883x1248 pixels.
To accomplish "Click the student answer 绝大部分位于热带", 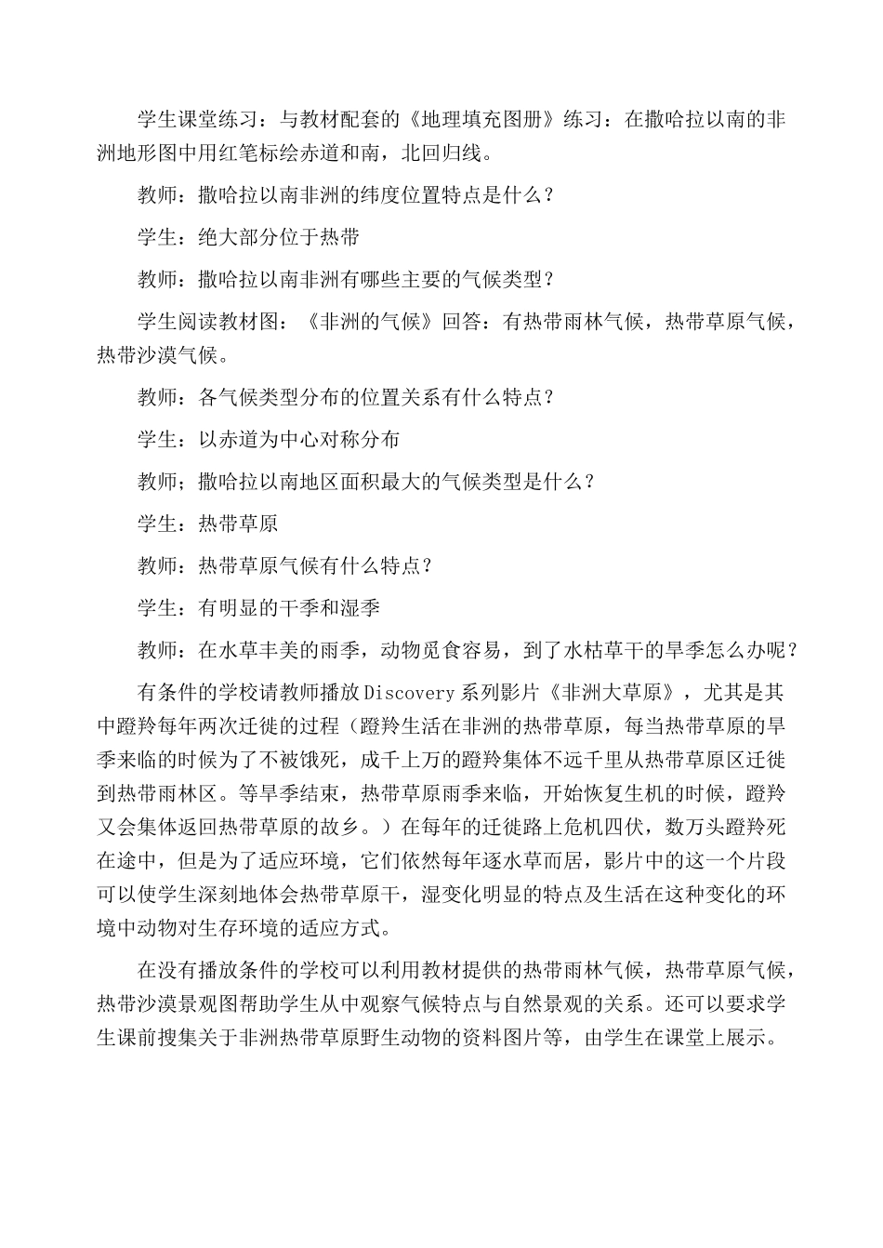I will pos(280,237).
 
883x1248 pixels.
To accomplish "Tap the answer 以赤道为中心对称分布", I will pos(300,439).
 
